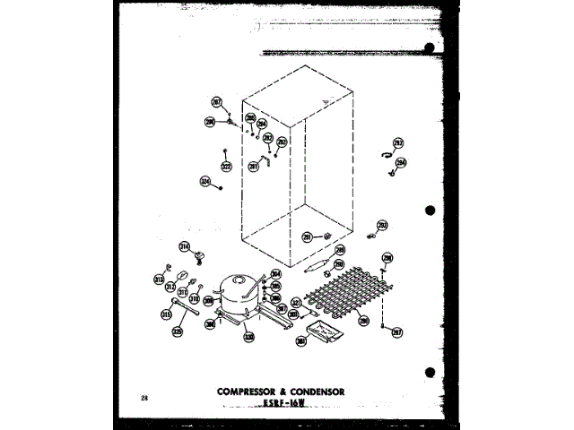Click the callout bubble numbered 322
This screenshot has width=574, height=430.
point(226,166)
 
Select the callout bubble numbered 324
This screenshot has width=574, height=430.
point(205,182)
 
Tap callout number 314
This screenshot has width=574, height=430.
point(185,247)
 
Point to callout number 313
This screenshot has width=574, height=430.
point(158,278)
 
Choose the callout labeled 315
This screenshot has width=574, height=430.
point(166,314)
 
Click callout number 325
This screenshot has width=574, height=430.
point(178,331)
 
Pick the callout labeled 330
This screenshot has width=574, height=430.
point(248,338)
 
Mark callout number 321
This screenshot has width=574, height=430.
point(295,304)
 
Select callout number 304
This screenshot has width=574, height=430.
point(276,274)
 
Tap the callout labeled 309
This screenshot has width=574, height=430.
point(208,301)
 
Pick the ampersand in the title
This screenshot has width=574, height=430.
point(282,391)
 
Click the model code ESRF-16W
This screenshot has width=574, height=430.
point(284,404)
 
